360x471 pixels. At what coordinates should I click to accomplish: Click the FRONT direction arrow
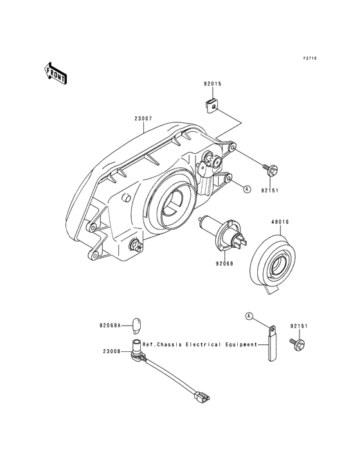[x=55, y=73]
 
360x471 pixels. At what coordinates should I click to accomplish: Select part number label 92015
[x=212, y=84]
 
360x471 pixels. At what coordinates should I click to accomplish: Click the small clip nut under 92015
[x=211, y=107]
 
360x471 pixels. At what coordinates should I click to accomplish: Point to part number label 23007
[x=143, y=118]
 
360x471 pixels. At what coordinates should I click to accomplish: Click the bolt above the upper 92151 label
[x=270, y=169]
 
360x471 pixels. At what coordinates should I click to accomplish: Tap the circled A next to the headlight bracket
[x=247, y=189]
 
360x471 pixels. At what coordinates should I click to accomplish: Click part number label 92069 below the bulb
[x=224, y=264]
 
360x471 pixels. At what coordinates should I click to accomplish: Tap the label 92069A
[x=110, y=325]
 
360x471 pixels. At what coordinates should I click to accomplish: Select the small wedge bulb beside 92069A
[x=136, y=326]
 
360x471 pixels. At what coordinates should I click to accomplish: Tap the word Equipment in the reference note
[x=241, y=345]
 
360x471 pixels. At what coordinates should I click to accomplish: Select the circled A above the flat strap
[x=249, y=316]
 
